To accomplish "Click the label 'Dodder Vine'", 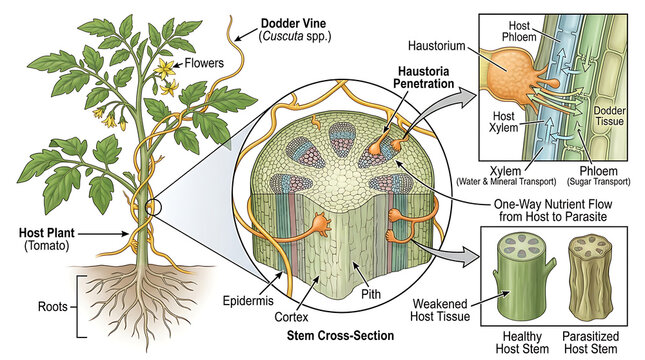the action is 293,23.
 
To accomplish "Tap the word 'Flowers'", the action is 204,63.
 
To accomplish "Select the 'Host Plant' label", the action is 46,233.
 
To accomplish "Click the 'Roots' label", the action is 53,307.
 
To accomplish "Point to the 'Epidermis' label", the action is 248,300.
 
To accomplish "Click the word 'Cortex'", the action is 291,317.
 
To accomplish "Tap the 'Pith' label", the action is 371,294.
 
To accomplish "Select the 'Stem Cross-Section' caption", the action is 340,335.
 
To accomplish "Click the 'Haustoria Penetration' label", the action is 423,77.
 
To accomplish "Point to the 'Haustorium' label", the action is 436,46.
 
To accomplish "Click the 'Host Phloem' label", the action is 519,31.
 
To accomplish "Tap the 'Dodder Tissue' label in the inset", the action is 610,116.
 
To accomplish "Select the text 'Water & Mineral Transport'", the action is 506,181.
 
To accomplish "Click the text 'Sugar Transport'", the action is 599,181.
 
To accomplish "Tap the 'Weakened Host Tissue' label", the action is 440,310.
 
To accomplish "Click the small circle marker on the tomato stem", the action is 153,207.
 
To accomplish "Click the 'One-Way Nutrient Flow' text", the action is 553,204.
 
